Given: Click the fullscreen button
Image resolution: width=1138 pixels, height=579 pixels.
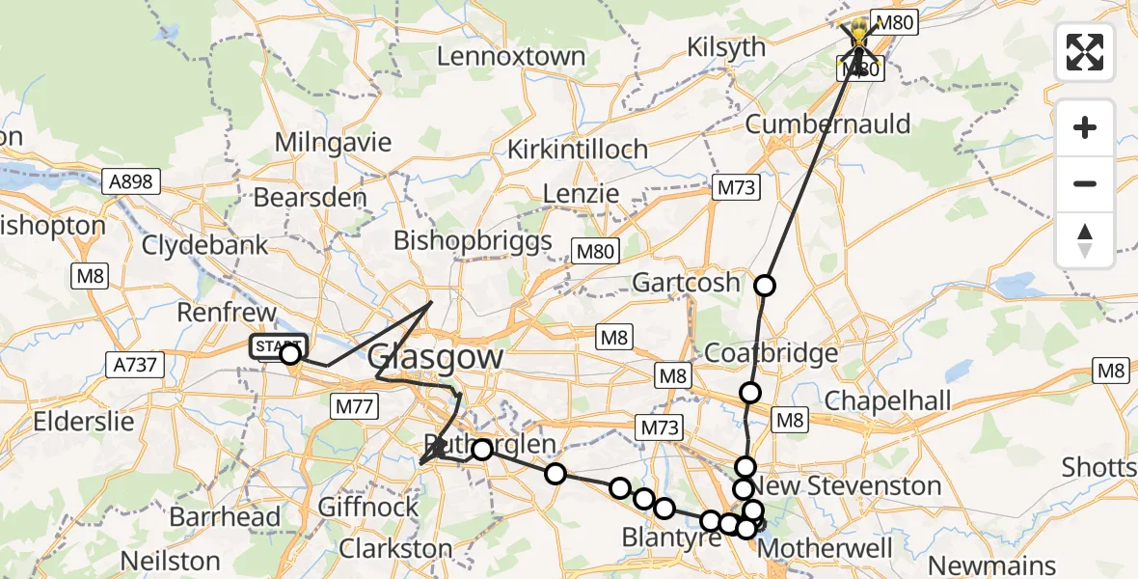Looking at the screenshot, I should coord(1085,51).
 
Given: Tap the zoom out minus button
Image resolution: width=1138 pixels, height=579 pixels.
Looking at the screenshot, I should coord(1085,183).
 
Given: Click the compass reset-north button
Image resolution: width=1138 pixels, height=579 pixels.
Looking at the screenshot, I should coord(1085,240).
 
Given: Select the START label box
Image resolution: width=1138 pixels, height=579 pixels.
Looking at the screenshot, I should coord(278,346).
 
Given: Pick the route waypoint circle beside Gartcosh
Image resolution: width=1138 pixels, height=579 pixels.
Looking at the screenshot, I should coord(765,286).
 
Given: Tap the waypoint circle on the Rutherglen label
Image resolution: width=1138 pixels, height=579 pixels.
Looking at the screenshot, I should coord(481,449).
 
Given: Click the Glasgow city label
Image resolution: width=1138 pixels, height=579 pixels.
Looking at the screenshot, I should coord(435,357).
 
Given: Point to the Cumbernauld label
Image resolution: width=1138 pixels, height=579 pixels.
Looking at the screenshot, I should coord(827,124).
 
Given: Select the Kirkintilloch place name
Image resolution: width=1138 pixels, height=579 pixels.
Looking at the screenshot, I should coord(578,150).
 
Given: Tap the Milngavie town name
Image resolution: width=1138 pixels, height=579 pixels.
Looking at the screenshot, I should coord(333,143).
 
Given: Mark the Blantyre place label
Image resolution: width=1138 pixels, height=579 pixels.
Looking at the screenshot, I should coord(670,537).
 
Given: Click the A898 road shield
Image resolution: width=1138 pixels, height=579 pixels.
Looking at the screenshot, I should coord(128,181).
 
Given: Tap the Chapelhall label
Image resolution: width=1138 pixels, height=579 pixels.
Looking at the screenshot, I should coord(887,400).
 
